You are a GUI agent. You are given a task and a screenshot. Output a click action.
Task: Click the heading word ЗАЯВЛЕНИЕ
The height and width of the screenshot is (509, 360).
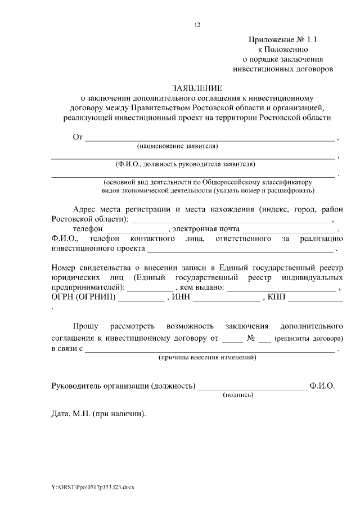(x=197, y=88)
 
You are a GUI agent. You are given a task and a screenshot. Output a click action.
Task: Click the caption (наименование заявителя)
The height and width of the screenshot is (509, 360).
(x=177, y=146)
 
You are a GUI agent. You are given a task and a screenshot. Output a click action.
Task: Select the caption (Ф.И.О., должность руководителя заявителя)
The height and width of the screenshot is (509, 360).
(x=185, y=164)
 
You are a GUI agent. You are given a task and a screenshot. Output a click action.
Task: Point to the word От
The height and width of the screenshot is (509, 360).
(x=78, y=137)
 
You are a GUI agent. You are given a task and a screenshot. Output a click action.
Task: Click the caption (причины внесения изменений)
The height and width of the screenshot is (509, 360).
(x=208, y=357)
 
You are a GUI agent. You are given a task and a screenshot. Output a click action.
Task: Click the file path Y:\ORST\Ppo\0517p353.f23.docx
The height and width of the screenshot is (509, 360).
(x=92, y=486)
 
